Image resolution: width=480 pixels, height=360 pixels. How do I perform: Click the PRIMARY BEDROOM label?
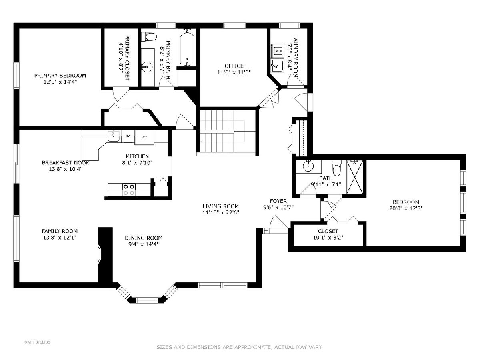point(60,76)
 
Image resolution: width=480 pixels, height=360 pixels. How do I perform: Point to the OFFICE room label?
point(234,66)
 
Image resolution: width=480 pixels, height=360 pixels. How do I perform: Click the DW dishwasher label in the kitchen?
point(128,136)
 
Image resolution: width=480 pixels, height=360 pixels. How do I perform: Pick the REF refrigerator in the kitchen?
point(144,137)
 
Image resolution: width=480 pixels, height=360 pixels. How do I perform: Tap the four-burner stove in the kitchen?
point(129,190)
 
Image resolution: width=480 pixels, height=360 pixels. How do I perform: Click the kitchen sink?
point(114,136)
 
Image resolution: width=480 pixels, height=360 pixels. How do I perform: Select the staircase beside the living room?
point(228,131)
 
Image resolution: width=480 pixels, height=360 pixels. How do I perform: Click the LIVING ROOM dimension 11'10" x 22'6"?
point(221,212)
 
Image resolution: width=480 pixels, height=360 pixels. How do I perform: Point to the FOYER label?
point(278,201)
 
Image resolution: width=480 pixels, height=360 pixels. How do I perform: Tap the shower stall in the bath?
point(355,177)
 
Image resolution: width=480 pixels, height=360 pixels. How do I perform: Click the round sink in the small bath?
point(308,166)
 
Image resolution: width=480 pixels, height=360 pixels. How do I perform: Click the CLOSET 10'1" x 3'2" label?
point(328,234)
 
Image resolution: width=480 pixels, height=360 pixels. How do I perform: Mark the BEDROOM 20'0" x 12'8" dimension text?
point(406,208)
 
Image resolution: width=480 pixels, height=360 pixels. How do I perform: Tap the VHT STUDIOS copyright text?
point(37,342)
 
